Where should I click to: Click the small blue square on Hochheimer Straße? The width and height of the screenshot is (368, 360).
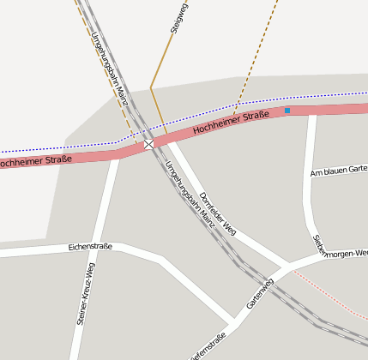click(287, 110)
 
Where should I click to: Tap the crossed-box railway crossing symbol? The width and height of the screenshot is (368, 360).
click(149, 144)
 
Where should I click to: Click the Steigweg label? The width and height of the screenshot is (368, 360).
click(178, 18)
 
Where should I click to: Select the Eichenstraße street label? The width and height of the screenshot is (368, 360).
click(90, 247)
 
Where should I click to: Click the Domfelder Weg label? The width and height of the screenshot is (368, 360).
click(217, 213)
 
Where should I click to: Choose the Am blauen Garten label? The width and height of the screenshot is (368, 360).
click(338, 170)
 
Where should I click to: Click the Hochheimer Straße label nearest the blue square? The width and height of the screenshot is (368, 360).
click(232, 122)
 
